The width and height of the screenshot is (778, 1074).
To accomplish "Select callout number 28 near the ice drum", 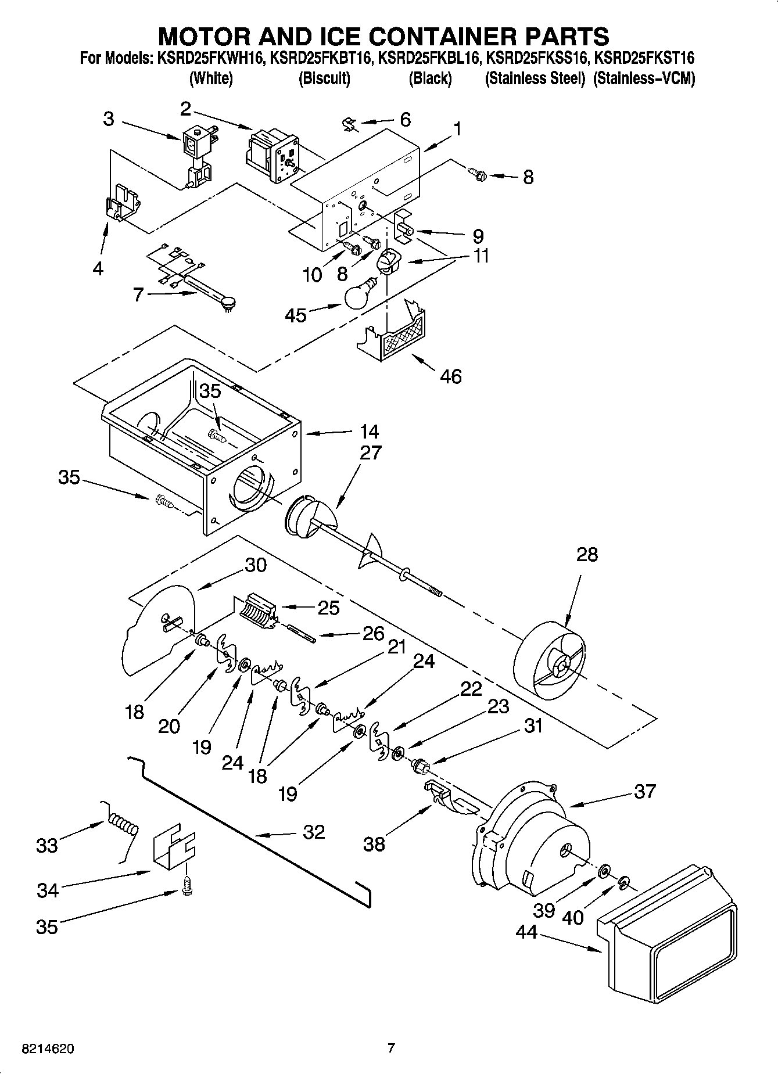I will coord(587,555).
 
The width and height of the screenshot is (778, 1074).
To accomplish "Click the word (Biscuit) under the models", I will coord(324,78).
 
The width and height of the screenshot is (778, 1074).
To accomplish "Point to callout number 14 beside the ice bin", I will coord(369,432).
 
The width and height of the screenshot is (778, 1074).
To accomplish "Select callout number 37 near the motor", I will coord(644,791).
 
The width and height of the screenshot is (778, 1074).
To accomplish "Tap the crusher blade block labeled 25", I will coord(255,611).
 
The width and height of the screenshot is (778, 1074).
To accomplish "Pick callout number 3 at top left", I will coord(109,119).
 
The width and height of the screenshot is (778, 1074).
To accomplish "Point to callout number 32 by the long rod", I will coord(314,832).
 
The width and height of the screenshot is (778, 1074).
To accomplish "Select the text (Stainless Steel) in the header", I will coord(535,78).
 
